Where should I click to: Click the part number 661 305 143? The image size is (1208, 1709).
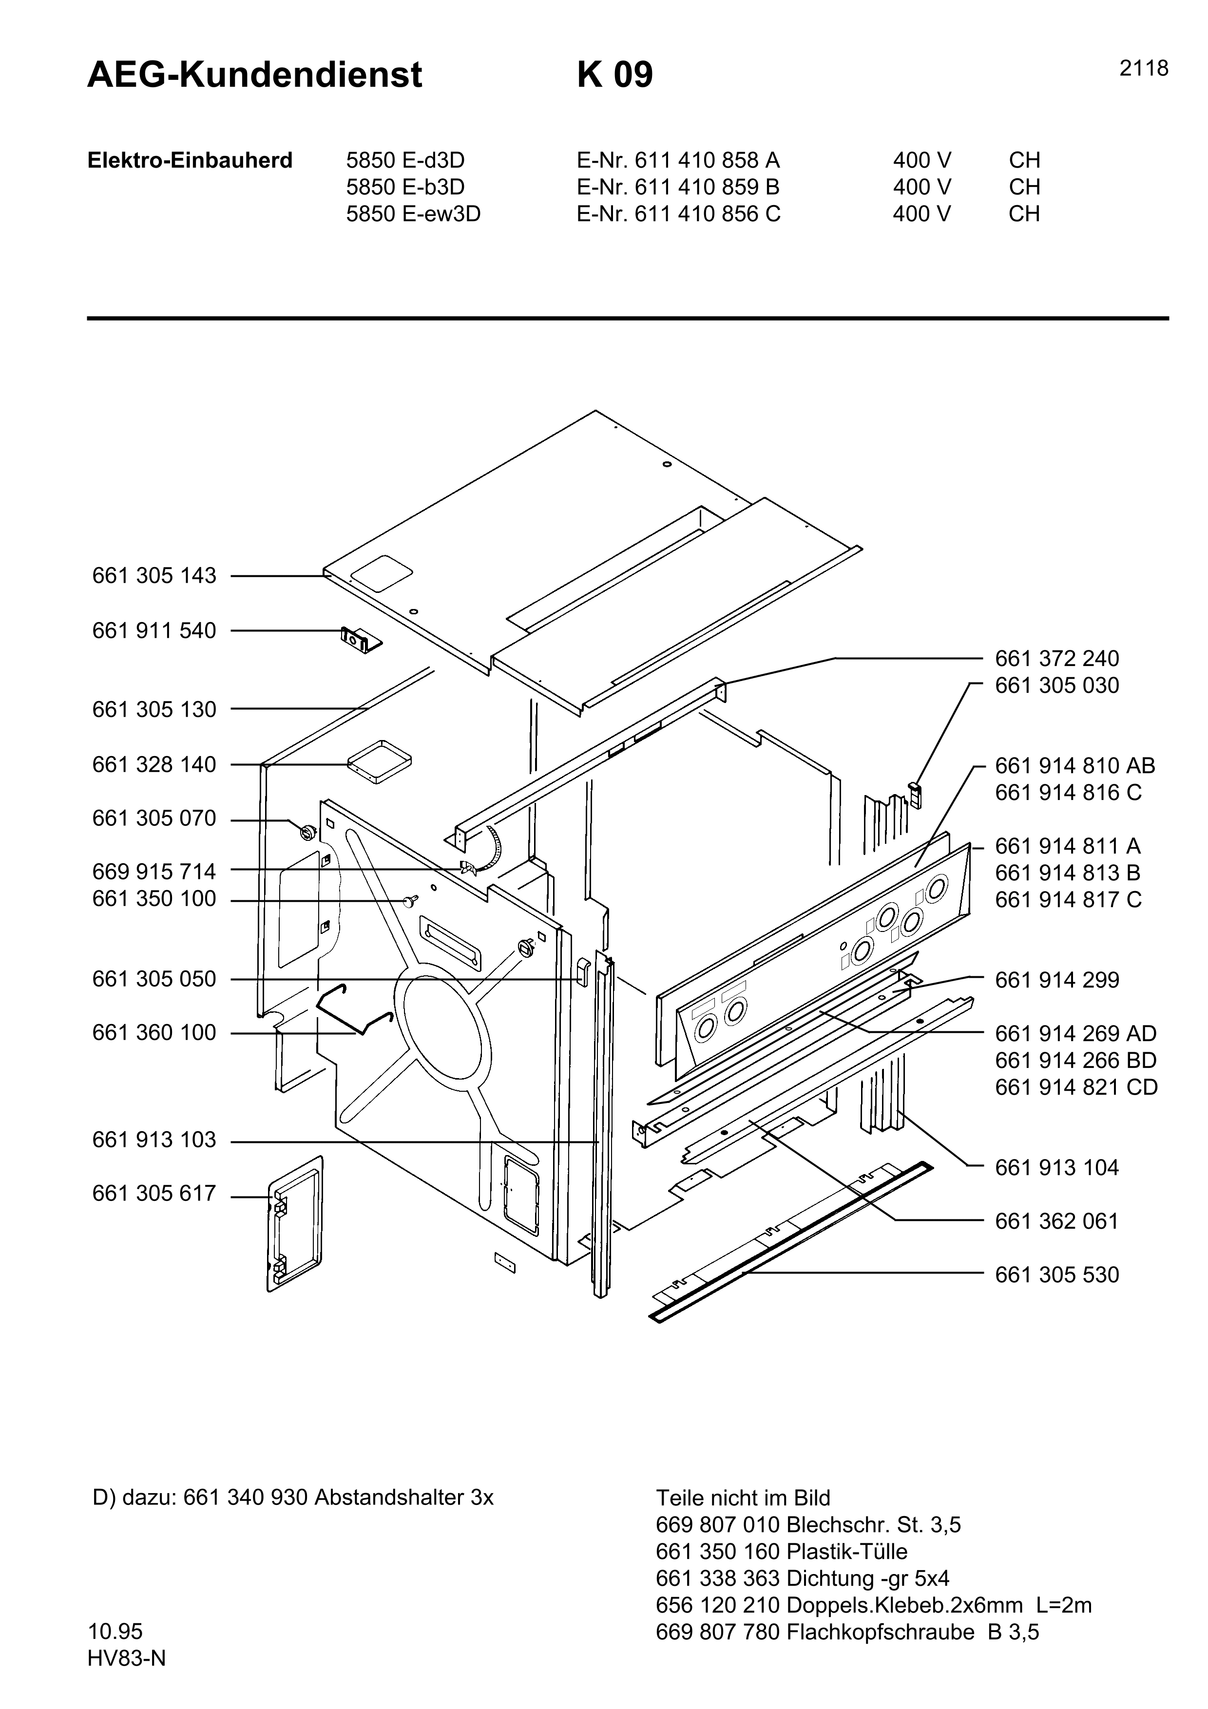(x=154, y=576)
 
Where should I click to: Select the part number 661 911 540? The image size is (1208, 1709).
(x=154, y=631)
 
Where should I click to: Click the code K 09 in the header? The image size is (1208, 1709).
(x=615, y=75)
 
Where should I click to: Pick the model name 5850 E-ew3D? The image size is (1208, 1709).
(x=413, y=214)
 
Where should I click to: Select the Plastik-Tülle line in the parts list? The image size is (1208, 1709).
(x=782, y=1552)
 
